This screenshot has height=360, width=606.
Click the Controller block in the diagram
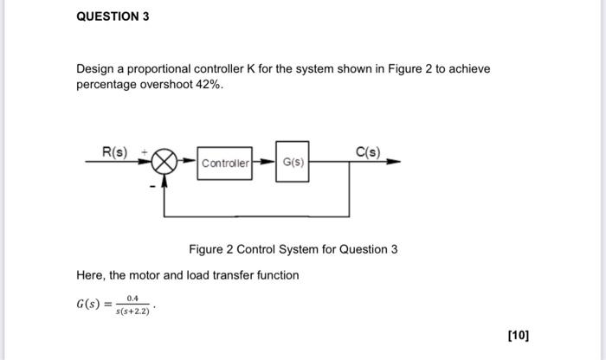(225, 163)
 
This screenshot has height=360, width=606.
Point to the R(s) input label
(115, 152)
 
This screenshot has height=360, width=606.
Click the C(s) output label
(368, 152)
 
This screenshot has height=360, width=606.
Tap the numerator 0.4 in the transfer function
(133, 298)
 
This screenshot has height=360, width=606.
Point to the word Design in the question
(95, 68)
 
